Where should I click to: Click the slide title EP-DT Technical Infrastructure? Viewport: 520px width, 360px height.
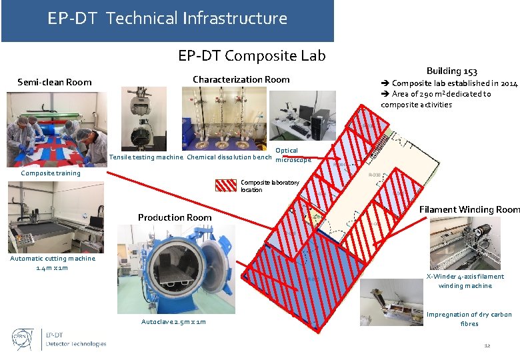click(x=167, y=19)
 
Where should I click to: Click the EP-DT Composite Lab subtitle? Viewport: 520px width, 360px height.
click(x=251, y=55)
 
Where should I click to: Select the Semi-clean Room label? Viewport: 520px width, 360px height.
click(x=55, y=82)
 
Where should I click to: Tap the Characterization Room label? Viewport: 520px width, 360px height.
click(x=241, y=79)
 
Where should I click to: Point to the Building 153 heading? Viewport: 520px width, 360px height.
click(x=451, y=71)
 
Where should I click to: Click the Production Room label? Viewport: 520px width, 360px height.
click(x=175, y=217)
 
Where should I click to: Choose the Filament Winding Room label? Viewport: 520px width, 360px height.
click(x=469, y=209)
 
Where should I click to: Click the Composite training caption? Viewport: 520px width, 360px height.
click(x=51, y=173)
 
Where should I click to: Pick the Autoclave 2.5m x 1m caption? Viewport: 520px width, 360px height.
click(x=173, y=322)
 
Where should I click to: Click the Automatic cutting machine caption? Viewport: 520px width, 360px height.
click(x=53, y=263)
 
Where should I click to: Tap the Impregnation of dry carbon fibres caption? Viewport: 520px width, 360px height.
click(x=469, y=319)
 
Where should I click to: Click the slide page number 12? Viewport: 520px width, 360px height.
click(x=487, y=345)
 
